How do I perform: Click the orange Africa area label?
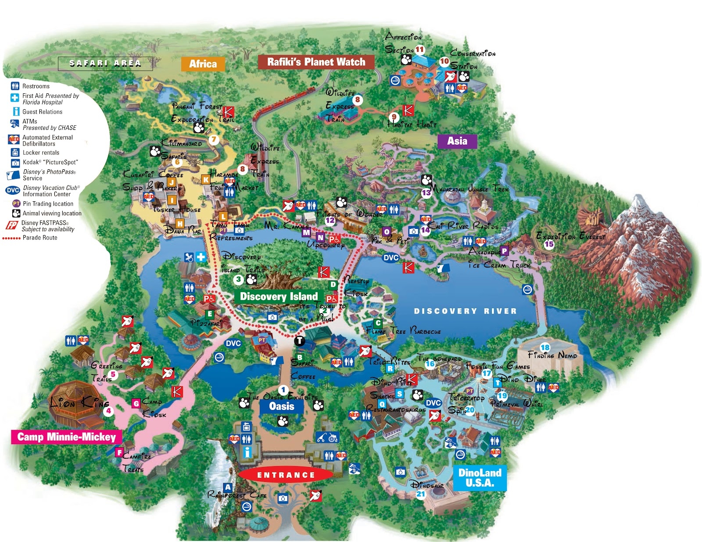pyautogui.click(x=203, y=64)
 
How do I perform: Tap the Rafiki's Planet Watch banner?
pyautogui.click(x=316, y=62)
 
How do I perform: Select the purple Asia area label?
pyautogui.click(x=457, y=141)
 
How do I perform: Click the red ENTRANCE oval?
pyautogui.click(x=286, y=475)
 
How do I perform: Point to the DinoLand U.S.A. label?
pyautogui.click(x=480, y=478)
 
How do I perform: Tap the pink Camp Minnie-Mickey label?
pyautogui.click(x=66, y=437)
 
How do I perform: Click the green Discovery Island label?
pyautogui.click(x=279, y=296)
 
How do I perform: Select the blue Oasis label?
pyautogui.click(x=281, y=406)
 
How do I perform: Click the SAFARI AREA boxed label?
pyautogui.click(x=105, y=63)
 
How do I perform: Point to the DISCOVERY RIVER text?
pyautogui.click(x=465, y=311)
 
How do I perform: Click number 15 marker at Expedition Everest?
pyautogui.click(x=549, y=244)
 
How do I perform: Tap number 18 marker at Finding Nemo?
pyautogui.click(x=545, y=347)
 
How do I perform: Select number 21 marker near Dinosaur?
pyautogui.click(x=421, y=494)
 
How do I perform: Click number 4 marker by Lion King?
pyautogui.click(x=108, y=411)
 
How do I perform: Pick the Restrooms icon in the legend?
pyautogui.click(x=15, y=86)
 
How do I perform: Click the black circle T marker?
pyautogui.click(x=299, y=340)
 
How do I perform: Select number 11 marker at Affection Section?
pyautogui.click(x=420, y=50)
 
